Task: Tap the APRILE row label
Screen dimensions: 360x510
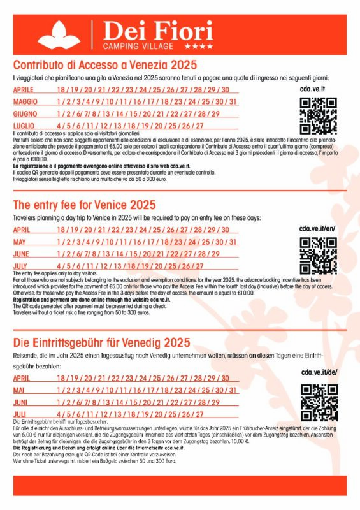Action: (24, 89)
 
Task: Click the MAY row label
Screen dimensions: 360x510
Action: (20, 242)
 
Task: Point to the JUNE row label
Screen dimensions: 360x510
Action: (21, 254)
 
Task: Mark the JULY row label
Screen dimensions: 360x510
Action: (20, 266)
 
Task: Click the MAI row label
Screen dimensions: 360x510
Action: (19, 390)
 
